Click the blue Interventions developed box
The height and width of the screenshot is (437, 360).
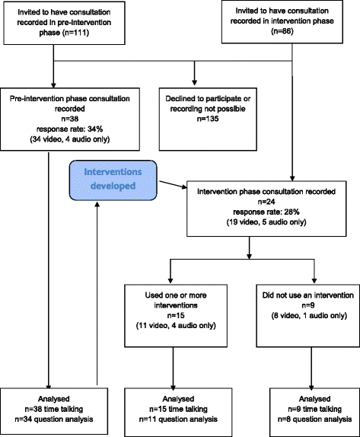pos(113,180)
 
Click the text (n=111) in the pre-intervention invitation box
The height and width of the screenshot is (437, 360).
pos(76,33)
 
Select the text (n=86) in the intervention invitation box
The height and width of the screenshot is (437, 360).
pos(282,31)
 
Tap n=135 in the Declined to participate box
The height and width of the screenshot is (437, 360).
pos(208,119)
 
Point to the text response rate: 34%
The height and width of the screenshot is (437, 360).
pos(70,129)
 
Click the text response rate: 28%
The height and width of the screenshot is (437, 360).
pos(266,212)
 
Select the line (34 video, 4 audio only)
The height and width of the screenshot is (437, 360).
pos(70,139)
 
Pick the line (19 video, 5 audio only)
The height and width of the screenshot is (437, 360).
pos(266,222)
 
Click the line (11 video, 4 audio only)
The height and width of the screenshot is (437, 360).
pos(176,326)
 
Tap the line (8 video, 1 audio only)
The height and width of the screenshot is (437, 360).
pos(309,315)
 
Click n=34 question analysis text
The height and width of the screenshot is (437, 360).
pos(54,419)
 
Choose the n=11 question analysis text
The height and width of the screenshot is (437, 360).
pos(178,419)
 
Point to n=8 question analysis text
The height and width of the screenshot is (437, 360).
pos(314,419)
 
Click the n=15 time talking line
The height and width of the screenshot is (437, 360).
pos(178,409)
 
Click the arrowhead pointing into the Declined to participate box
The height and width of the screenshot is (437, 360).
pos(195,83)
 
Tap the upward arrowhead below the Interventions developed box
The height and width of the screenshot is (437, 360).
pos(97,205)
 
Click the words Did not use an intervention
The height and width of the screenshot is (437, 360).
pos(308,295)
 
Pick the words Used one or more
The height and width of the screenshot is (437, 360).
pos(176,295)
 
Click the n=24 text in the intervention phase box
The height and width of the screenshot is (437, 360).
pos(266,202)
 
